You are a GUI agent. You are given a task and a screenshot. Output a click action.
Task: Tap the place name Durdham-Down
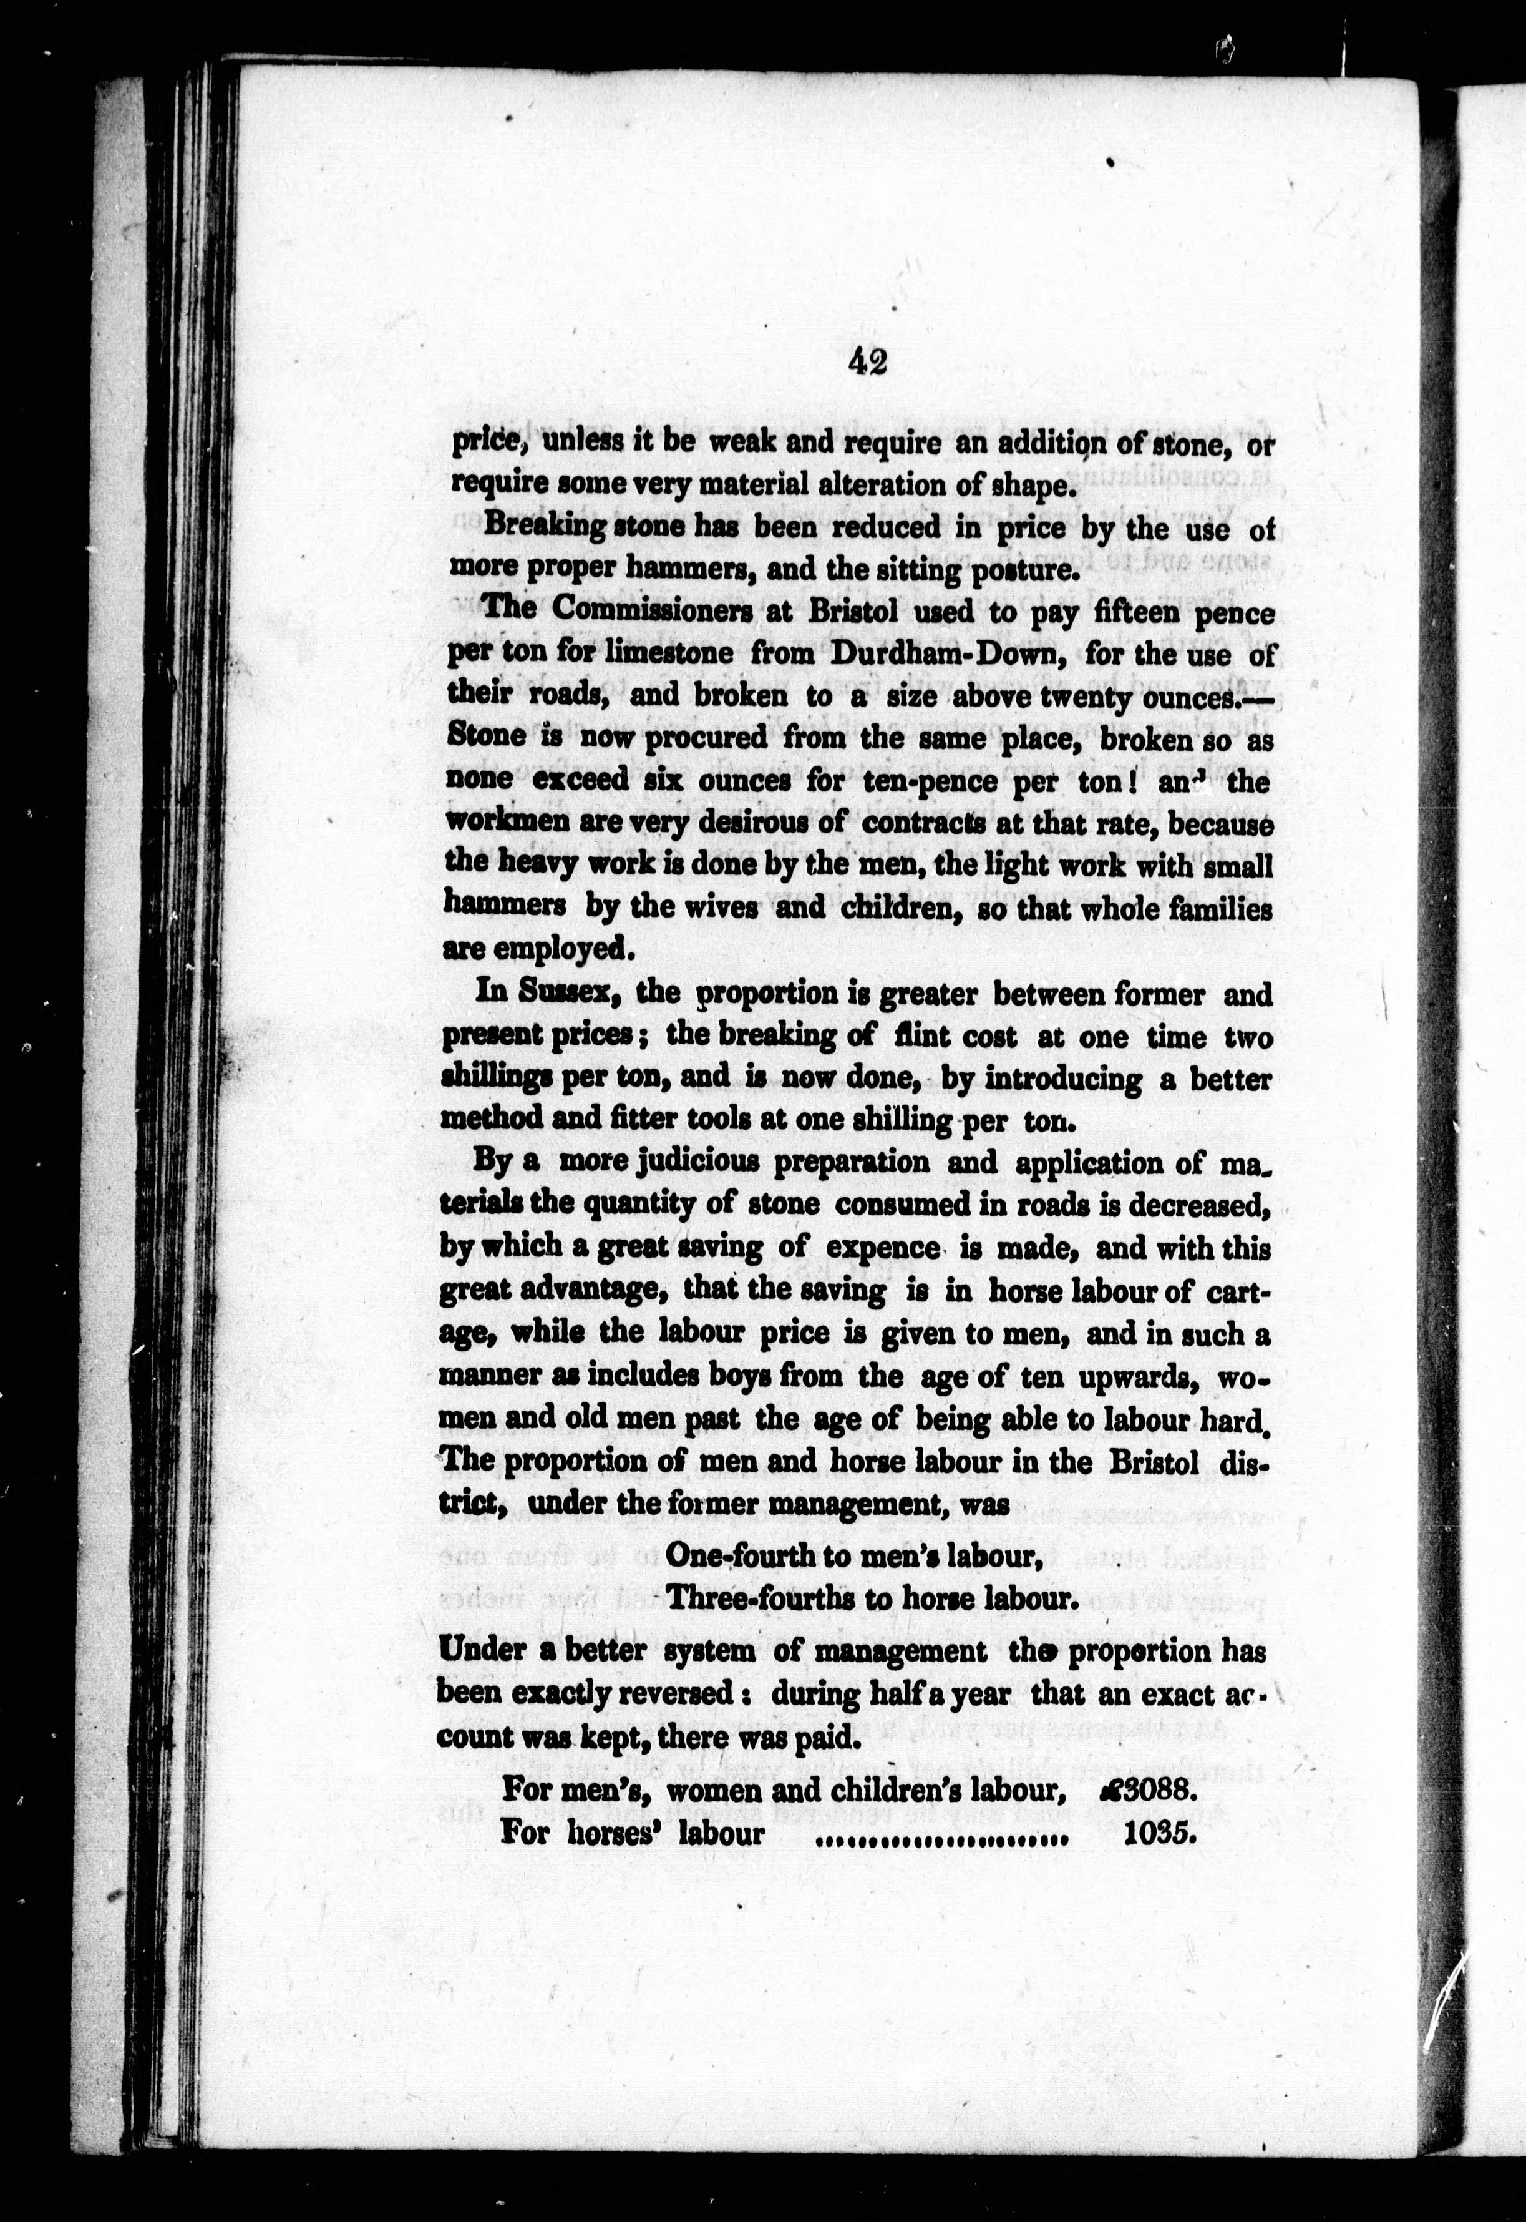click(x=903, y=653)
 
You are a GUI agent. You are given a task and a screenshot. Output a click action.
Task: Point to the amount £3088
click(x=1142, y=1791)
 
